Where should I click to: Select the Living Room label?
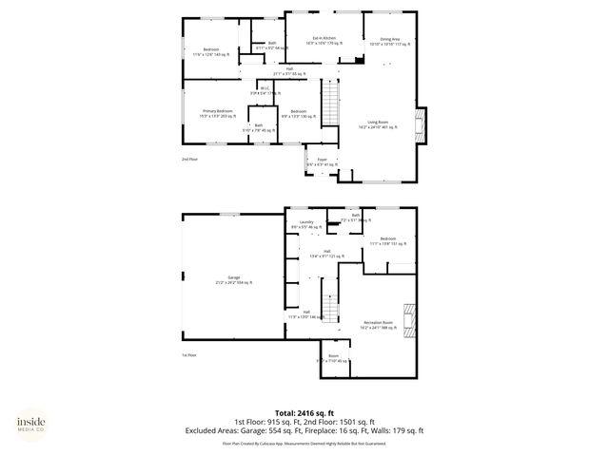(x=378, y=123)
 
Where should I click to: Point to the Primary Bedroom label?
(x=217, y=113)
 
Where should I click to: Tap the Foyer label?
(x=322, y=161)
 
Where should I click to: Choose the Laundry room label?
(x=306, y=224)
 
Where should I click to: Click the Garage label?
(x=233, y=280)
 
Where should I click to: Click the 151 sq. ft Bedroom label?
(x=387, y=239)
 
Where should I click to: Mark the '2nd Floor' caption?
(x=191, y=159)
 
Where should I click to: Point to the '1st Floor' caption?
(x=189, y=354)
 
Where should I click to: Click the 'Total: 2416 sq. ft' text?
(x=304, y=412)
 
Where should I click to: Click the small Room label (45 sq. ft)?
(x=333, y=359)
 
